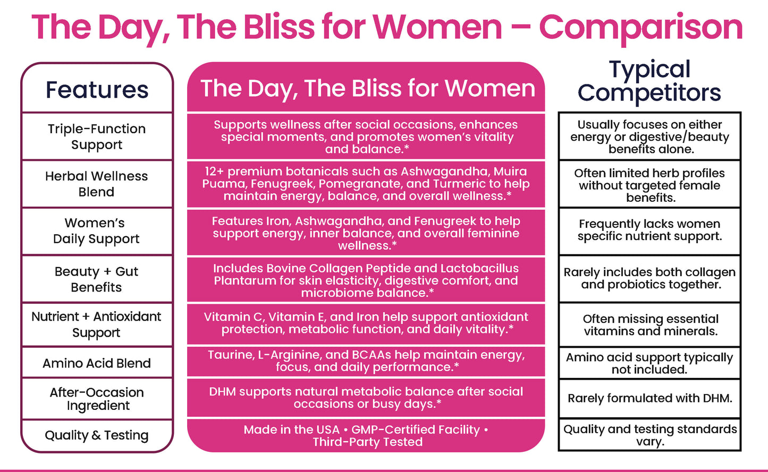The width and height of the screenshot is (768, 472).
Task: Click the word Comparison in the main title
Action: pyautogui.click(x=640, y=28)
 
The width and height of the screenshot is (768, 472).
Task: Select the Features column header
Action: pyautogui.click(x=97, y=90)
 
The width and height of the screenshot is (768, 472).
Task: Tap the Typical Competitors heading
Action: pyautogui.click(x=649, y=81)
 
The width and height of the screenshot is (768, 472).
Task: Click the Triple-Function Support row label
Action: pyautogui.click(x=97, y=136)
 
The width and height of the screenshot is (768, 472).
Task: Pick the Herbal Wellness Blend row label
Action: pyautogui.click(x=97, y=184)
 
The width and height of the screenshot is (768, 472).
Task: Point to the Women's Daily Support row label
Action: pyautogui.click(x=97, y=231)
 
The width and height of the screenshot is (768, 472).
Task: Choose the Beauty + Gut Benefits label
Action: pyautogui.click(x=97, y=279)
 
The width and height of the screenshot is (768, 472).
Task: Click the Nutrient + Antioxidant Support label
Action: pyautogui.click(x=97, y=324)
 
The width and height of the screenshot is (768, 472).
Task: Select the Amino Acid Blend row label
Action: pyautogui.click(x=97, y=363)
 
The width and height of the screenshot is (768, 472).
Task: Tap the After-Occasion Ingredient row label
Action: pyautogui.click(x=97, y=399)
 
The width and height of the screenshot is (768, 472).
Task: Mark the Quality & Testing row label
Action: pyautogui.click(x=97, y=435)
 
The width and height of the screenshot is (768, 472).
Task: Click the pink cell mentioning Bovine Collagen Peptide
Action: pyautogui.click(x=366, y=280)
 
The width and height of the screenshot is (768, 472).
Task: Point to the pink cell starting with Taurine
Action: pyautogui.click(x=366, y=361)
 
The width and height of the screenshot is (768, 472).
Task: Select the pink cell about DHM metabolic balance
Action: pyautogui.click(x=366, y=398)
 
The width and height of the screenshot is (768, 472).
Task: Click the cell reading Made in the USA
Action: pyautogui.click(x=366, y=435)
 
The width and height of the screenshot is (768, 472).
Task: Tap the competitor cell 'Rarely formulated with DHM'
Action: pyautogui.click(x=649, y=398)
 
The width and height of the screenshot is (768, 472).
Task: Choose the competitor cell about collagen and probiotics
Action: pyautogui.click(x=649, y=278)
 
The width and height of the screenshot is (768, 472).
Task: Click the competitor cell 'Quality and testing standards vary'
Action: pyautogui.click(x=649, y=435)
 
